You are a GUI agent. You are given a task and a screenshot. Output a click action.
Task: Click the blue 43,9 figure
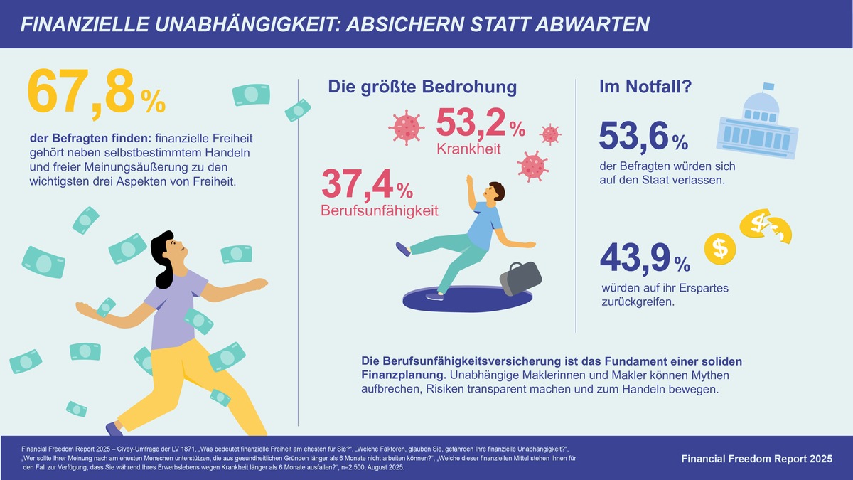[635, 258]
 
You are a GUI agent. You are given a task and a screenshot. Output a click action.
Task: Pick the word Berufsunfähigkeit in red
[380, 210]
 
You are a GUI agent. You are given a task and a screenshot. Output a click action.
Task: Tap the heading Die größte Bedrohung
[422, 87]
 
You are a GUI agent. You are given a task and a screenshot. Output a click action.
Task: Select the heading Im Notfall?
[637, 87]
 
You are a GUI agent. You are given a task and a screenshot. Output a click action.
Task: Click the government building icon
[758, 121]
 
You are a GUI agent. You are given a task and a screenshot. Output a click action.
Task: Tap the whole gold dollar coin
[719, 248]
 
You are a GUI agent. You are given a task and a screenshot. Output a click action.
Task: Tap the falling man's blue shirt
[484, 225]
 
